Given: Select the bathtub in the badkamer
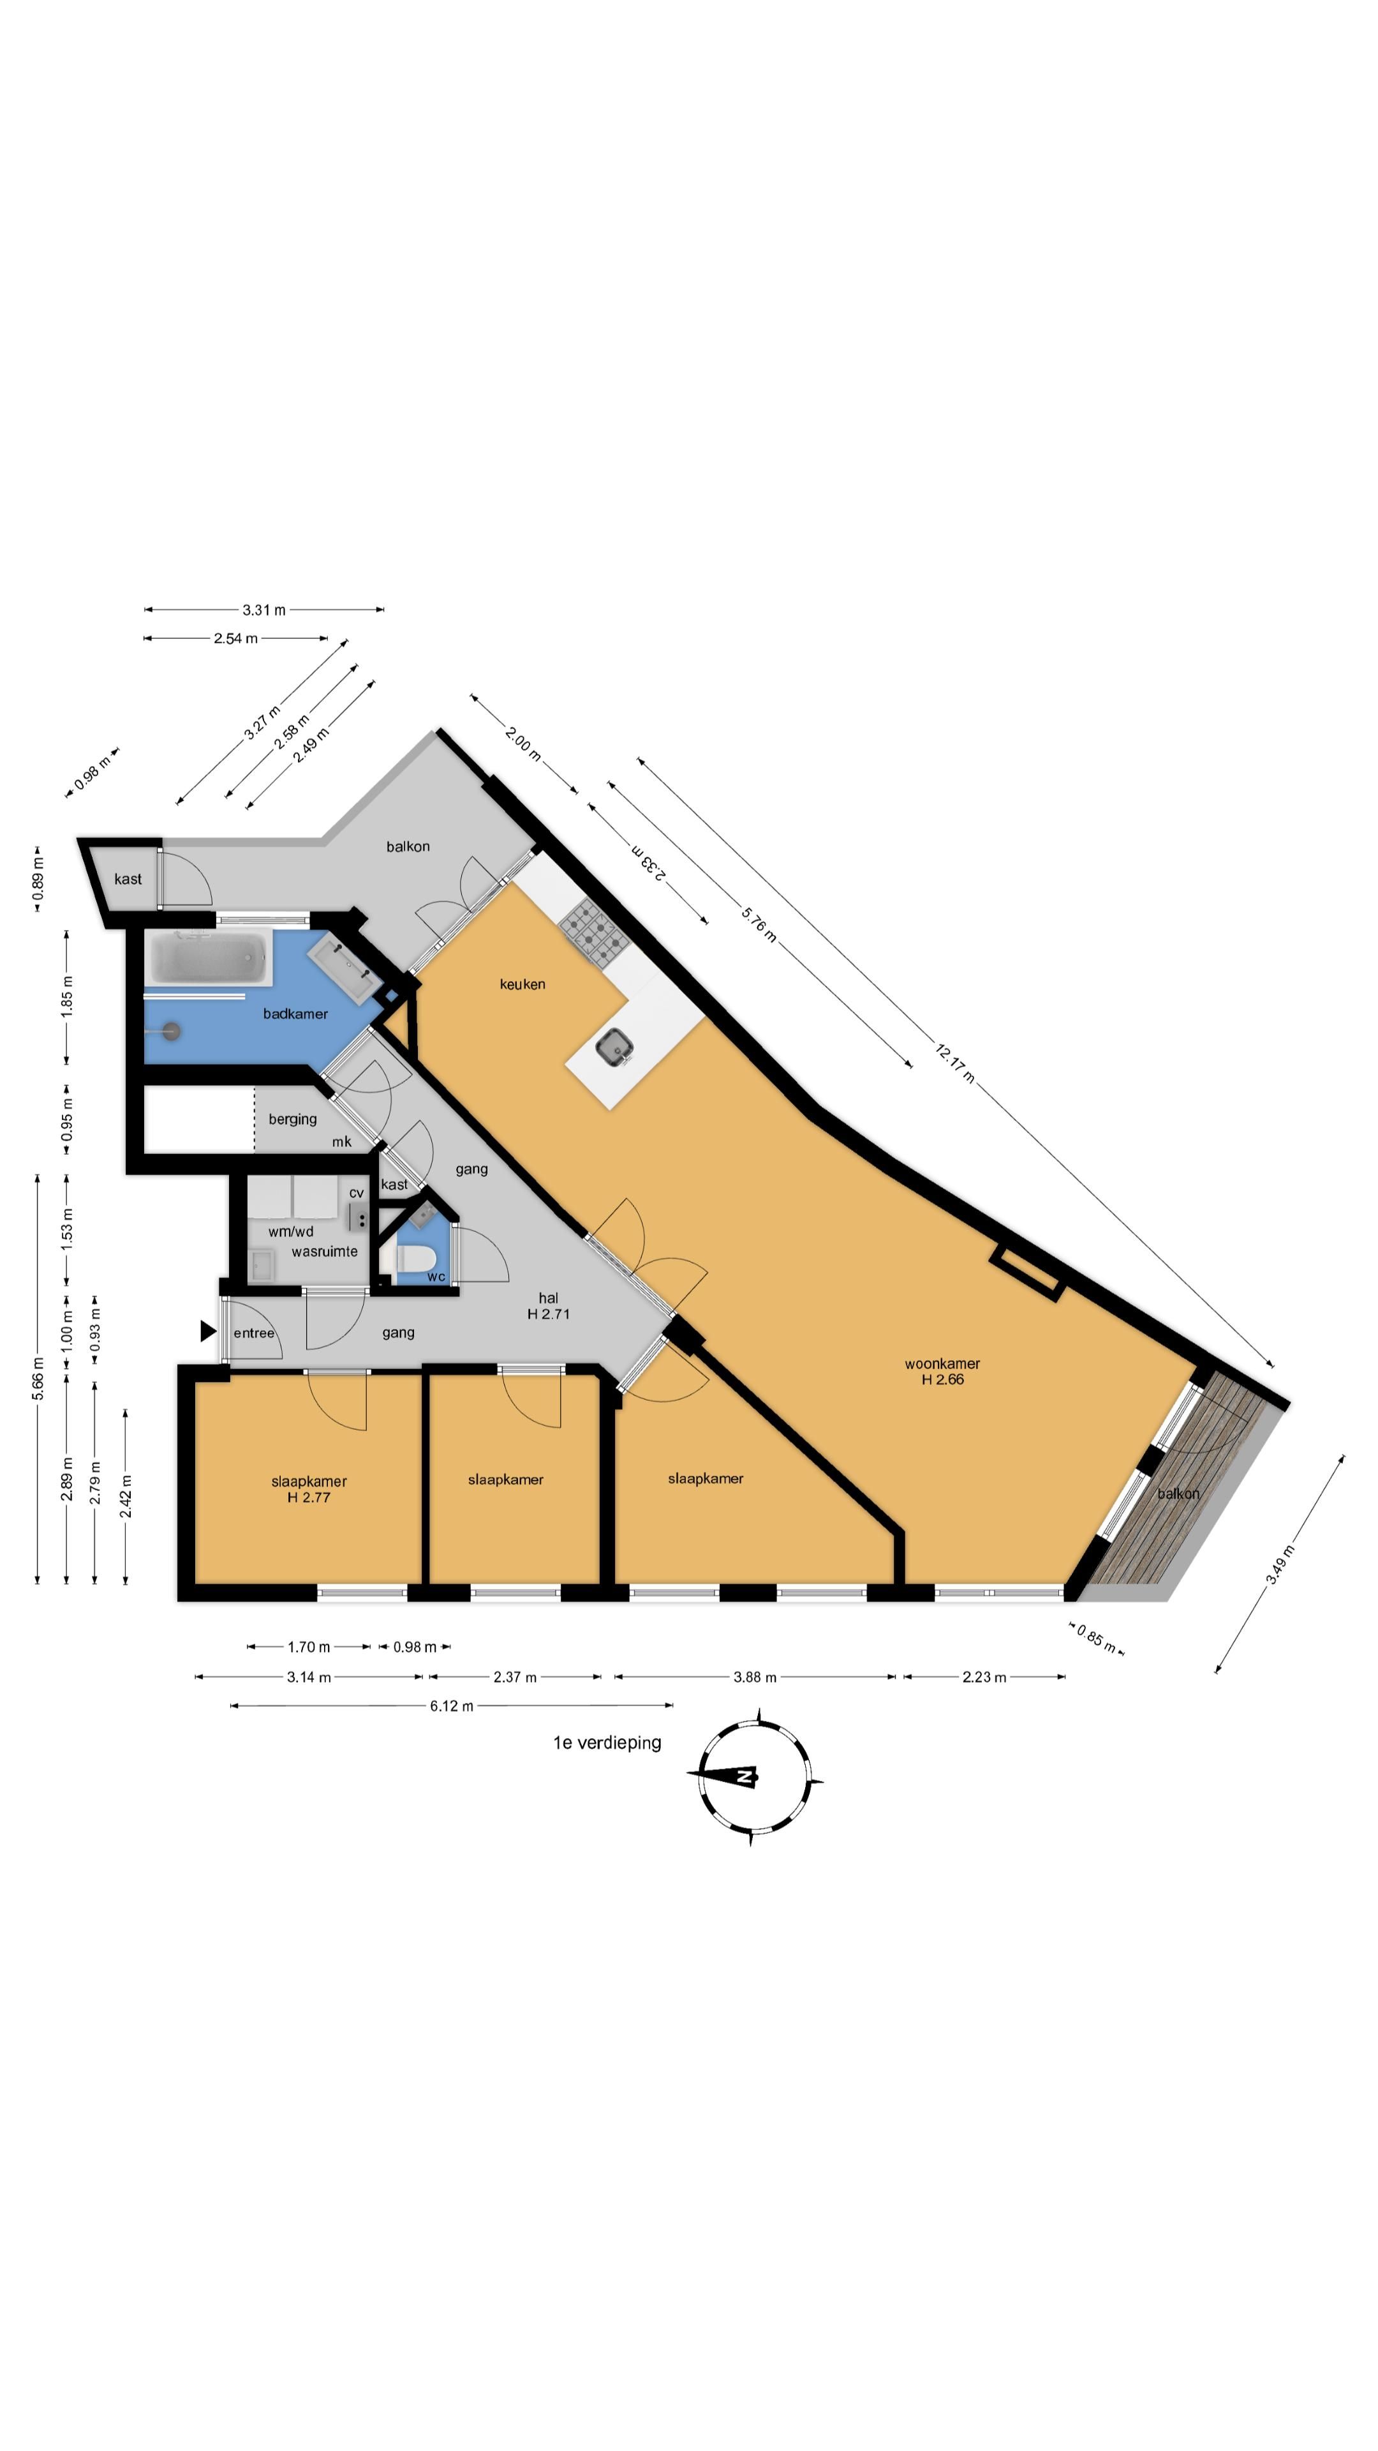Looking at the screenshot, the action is coord(208,958).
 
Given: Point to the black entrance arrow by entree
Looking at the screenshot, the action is coord(207,1331).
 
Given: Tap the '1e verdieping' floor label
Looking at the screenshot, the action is coord(607,1742).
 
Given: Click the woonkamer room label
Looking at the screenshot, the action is coord(942,1363).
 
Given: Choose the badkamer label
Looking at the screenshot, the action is coord(296,1014).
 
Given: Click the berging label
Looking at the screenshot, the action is coord(293,1119).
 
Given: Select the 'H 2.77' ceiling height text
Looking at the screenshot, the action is coord(309,1497).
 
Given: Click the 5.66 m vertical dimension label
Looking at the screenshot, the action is coord(38,1379).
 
